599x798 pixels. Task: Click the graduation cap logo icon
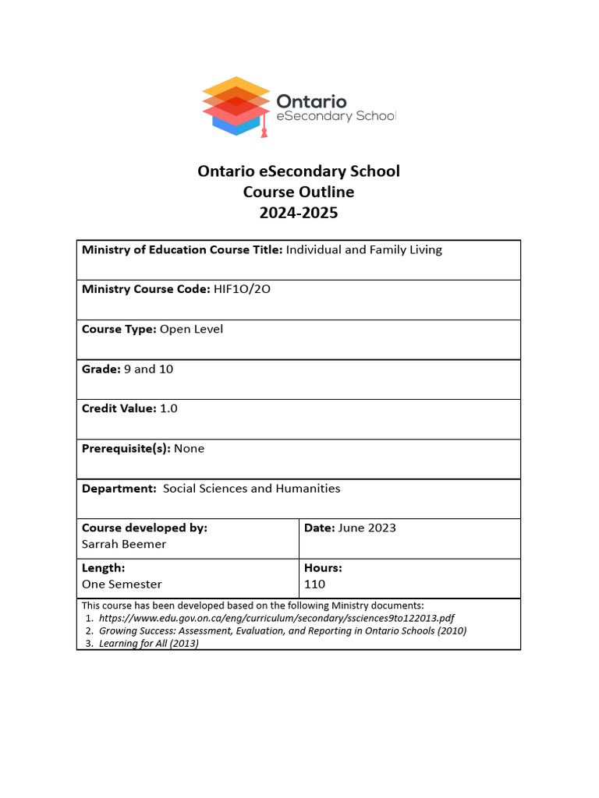coord(236,105)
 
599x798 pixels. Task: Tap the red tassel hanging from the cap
coord(264,131)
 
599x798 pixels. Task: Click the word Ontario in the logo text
coord(312,101)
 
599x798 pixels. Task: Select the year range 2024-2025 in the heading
coord(299,212)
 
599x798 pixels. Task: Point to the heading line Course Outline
coord(299,192)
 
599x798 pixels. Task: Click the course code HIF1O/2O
coord(242,289)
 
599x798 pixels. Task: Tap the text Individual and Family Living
coord(364,249)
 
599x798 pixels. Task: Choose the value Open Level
coord(191,329)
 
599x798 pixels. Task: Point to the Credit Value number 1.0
coord(168,408)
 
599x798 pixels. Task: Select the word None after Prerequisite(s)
coord(189,448)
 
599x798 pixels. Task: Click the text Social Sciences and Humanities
coord(251,489)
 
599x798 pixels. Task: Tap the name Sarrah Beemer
coord(124,544)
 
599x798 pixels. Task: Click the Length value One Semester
coord(122,584)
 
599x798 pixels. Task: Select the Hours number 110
coord(314,584)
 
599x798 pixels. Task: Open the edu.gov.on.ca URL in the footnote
coord(271,618)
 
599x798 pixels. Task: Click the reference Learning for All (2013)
coord(149,644)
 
